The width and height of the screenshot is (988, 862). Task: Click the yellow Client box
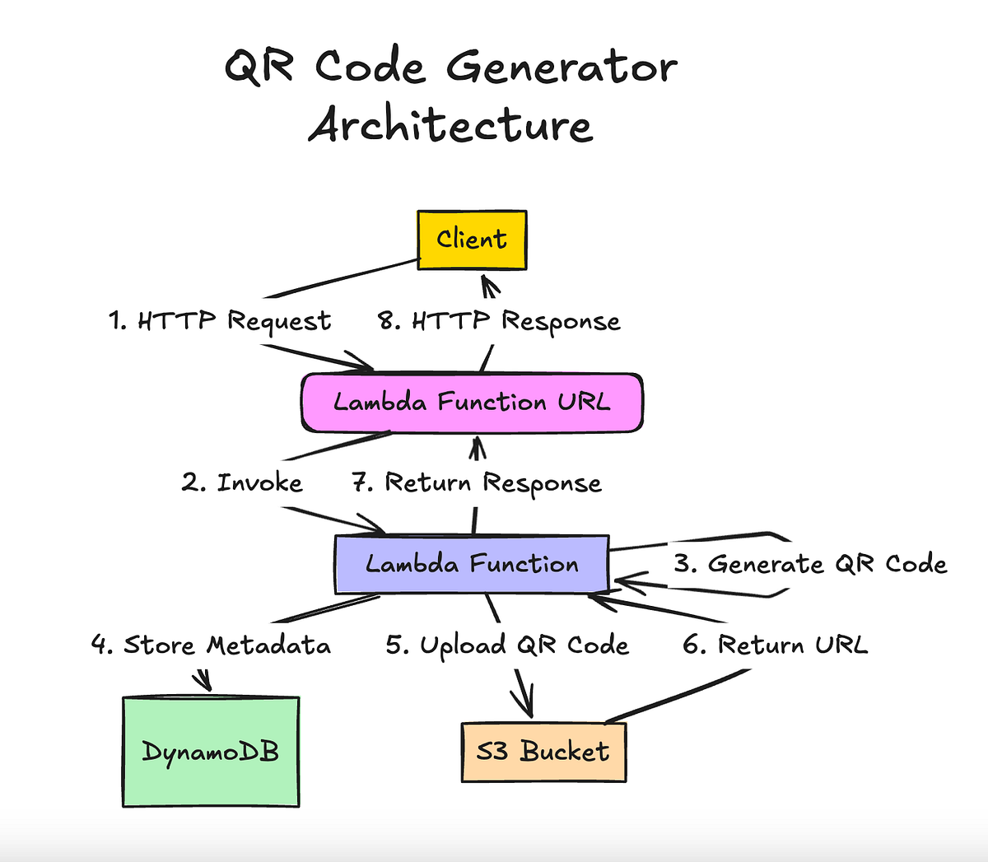click(472, 240)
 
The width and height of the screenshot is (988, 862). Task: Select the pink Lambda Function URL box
click(472, 403)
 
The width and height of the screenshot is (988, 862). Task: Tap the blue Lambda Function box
click(472, 565)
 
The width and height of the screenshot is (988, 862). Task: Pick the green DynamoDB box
click(211, 752)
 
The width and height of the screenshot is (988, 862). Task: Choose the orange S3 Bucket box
click(543, 752)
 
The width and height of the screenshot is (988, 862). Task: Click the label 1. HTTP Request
click(220, 321)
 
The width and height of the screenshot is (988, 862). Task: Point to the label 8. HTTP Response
click(499, 321)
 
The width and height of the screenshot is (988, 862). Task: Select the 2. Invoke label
click(242, 482)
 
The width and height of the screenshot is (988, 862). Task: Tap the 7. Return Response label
click(477, 483)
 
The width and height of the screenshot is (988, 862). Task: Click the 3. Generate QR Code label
click(810, 565)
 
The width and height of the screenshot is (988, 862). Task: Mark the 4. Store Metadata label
click(211, 645)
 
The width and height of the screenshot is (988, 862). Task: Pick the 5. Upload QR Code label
click(507, 645)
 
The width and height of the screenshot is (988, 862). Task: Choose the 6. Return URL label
click(775, 645)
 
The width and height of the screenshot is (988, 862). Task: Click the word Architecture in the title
click(450, 126)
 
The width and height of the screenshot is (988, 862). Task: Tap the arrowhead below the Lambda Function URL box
click(477, 446)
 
